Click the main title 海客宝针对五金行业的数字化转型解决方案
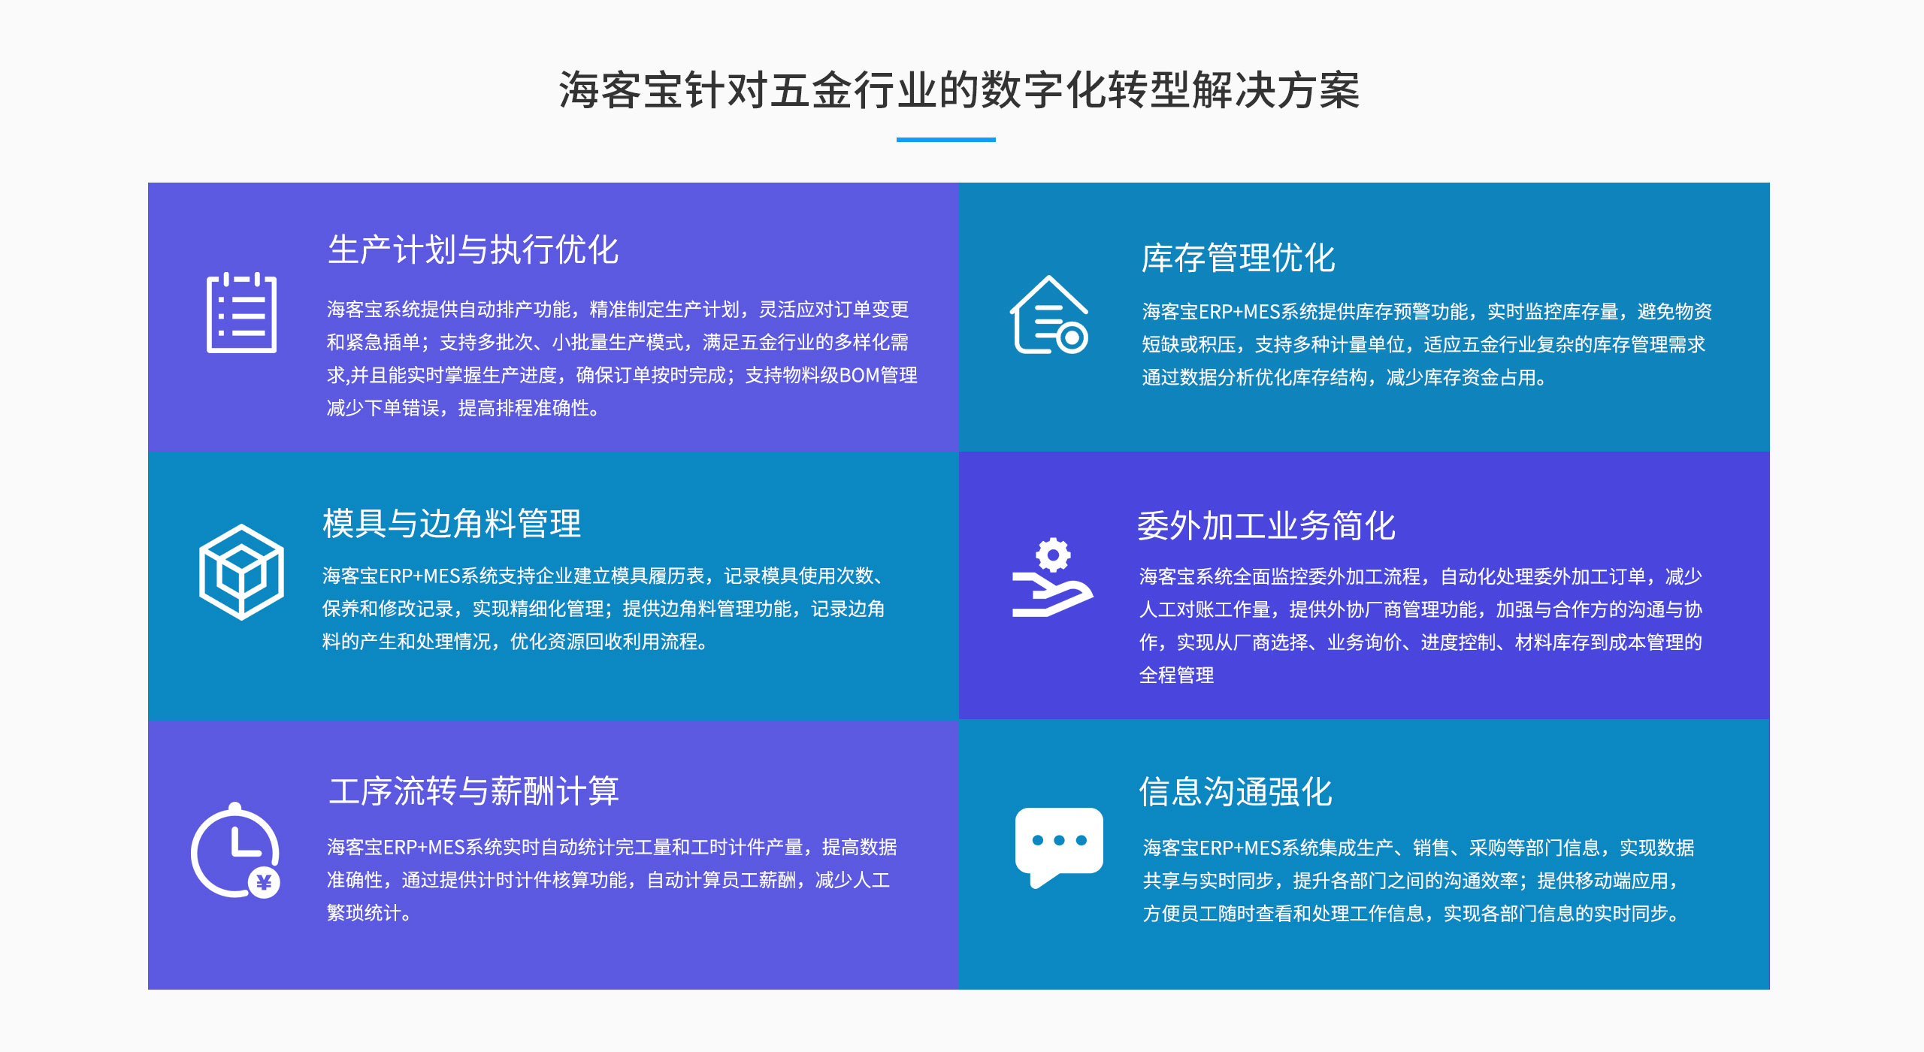(x=960, y=90)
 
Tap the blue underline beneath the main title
(x=945, y=139)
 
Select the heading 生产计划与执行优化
(x=473, y=249)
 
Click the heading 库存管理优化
(x=1239, y=258)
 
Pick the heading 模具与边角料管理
(x=452, y=524)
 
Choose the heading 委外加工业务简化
(x=1266, y=525)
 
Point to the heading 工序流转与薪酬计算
(x=473, y=791)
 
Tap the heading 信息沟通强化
(x=1236, y=792)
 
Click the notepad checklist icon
(x=241, y=313)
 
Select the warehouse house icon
(x=1049, y=315)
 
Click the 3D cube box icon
(x=241, y=572)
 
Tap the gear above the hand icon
(x=1053, y=555)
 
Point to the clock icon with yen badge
(x=235, y=851)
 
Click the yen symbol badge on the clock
(x=264, y=882)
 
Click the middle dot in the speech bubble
(x=1059, y=840)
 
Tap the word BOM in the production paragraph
(x=859, y=375)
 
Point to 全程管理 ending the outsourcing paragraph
(x=1176, y=675)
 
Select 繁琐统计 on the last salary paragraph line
(x=365, y=913)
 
